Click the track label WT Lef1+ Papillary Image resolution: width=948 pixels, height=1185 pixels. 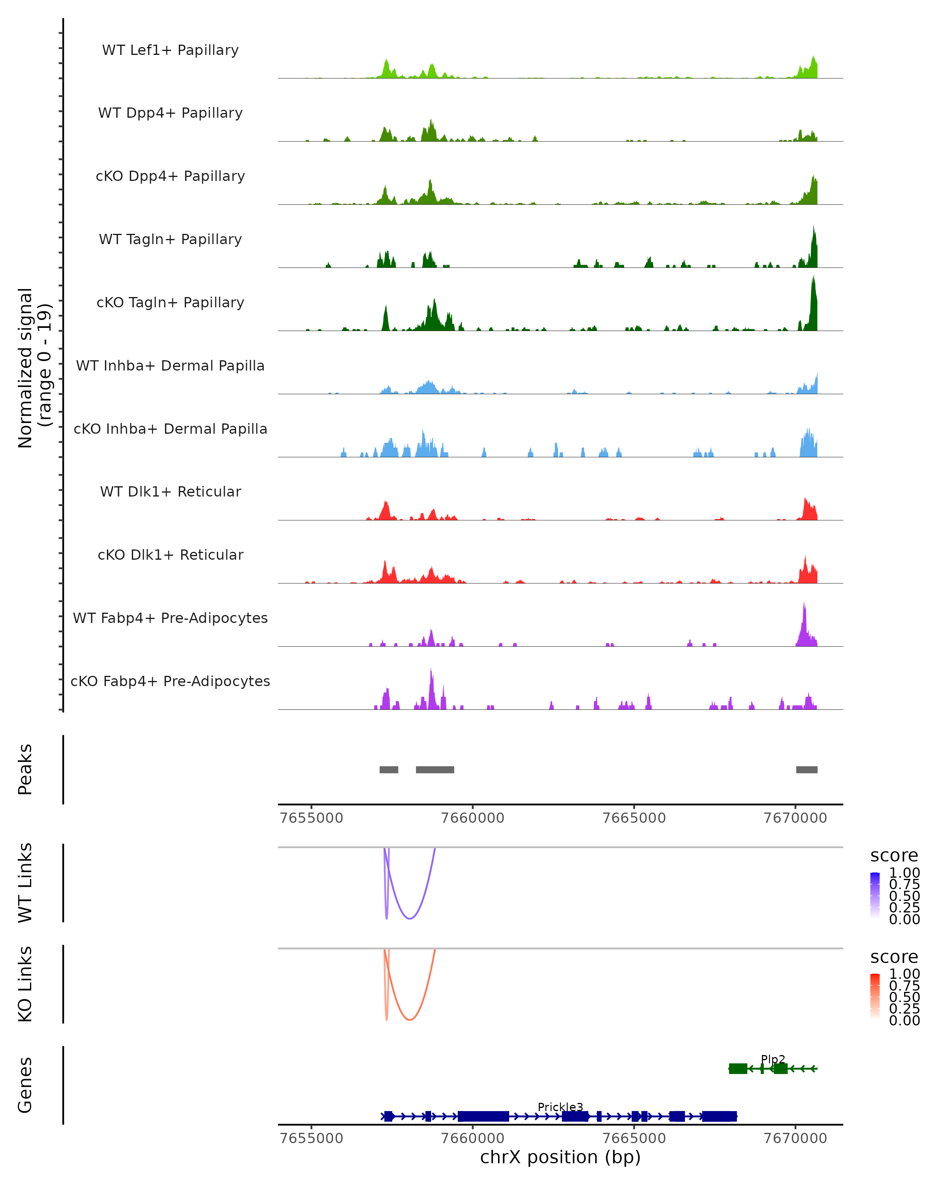click(x=170, y=50)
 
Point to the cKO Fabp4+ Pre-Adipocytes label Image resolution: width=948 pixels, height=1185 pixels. click(x=170, y=681)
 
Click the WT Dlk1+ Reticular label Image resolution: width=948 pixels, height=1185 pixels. click(x=170, y=491)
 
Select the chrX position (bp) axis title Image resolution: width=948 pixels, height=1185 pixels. click(x=560, y=1157)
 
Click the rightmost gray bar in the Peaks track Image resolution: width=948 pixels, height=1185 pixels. click(x=806, y=769)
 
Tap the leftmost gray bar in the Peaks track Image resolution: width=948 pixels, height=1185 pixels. click(x=389, y=769)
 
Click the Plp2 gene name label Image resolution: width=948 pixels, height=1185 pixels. click(x=773, y=1059)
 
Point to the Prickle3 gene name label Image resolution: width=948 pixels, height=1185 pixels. click(x=560, y=1107)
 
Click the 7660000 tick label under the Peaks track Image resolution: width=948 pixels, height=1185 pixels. click(x=473, y=818)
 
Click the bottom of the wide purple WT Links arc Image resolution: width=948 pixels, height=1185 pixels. click(x=410, y=918)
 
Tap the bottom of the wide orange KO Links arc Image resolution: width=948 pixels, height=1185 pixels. click(x=410, y=1019)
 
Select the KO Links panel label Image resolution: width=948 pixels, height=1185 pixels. click(x=25, y=984)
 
